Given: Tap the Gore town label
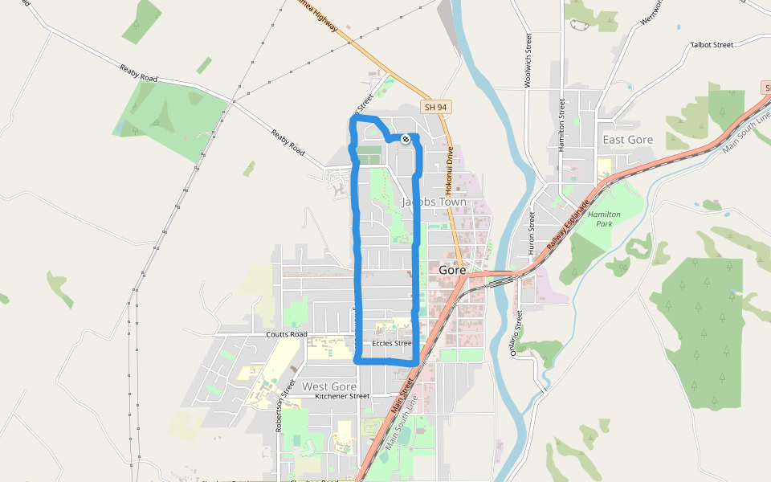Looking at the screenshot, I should click(452, 271).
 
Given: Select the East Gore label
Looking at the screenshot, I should click(628, 140).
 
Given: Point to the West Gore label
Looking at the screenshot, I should click(329, 386).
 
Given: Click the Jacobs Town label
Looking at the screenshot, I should click(434, 202).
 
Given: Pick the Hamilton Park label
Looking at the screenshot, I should click(604, 219).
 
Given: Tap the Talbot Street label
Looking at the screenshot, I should click(712, 45).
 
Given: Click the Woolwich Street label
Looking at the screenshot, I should click(528, 60).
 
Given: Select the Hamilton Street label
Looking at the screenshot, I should click(562, 125).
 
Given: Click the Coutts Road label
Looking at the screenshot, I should click(287, 334).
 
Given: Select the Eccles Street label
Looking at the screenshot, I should click(392, 344).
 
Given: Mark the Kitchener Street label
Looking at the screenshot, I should click(342, 396).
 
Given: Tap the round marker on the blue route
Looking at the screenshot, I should click(406, 139).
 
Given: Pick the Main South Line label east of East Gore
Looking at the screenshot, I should click(746, 133).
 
